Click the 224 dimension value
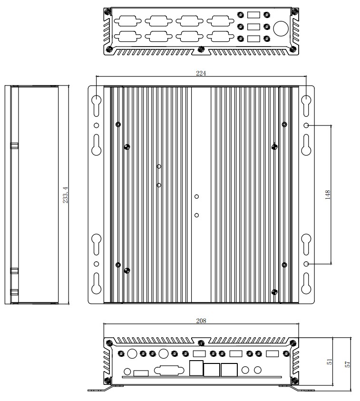(x=201, y=73)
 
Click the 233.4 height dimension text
(x=66, y=195)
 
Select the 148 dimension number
(x=328, y=195)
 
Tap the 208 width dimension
(x=201, y=321)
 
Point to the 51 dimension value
(x=330, y=362)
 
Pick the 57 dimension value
(x=347, y=364)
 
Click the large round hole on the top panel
(x=281, y=29)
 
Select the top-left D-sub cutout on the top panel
(x=127, y=21)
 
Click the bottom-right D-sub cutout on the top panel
(x=221, y=36)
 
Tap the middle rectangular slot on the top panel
(x=254, y=27)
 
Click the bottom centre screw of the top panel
(x=201, y=48)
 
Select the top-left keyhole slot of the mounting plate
(x=97, y=106)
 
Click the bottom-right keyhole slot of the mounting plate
(x=306, y=283)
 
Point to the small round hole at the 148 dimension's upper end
(x=306, y=125)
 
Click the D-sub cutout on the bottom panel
(x=169, y=371)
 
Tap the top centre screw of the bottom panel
(x=201, y=343)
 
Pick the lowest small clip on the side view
(x=14, y=293)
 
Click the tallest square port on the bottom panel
(x=196, y=368)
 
